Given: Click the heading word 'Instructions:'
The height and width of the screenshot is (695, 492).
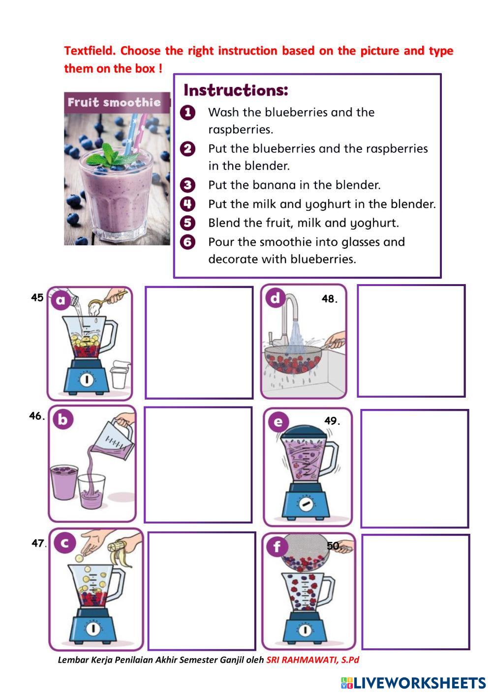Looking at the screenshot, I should click(x=235, y=90).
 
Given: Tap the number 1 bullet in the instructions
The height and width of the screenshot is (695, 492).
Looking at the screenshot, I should click(x=188, y=113).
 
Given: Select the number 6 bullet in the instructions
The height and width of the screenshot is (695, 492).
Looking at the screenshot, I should click(x=188, y=242).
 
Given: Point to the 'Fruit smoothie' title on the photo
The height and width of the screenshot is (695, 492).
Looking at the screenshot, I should click(x=114, y=103).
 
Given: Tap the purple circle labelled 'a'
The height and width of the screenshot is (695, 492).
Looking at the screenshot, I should click(x=61, y=300).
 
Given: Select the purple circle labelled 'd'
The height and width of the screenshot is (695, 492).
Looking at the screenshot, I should click(x=275, y=298).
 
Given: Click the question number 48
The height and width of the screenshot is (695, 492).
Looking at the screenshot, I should click(x=330, y=299).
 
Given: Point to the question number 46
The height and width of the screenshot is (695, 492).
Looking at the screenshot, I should click(x=37, y=416).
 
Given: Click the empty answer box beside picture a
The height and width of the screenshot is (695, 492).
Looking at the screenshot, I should click(x=199, y=342).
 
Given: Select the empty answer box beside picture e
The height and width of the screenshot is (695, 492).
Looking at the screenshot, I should click(x=414, y=468).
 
